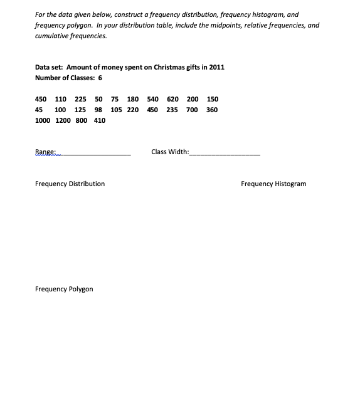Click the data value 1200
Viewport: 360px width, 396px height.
(64, 121)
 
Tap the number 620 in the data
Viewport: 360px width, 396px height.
(173, 99)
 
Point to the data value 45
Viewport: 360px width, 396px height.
(40, 110)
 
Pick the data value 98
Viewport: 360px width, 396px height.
(98, 110)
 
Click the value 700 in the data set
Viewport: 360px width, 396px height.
(192, 110)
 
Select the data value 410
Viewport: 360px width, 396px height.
(99, 121)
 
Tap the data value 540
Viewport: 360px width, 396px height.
(153, 99)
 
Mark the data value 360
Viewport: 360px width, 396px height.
(212, 110)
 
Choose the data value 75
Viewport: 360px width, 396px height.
(115, 99)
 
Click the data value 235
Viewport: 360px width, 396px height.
(172, 110)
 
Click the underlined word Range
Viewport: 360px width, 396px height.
(46, 152)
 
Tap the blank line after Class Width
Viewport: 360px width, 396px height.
(224, 154)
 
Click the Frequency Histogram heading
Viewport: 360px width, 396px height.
(273, 184)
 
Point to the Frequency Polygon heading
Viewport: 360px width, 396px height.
(64, 289)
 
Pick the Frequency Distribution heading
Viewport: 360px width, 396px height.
(70, 184)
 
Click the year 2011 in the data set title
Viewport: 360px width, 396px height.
(217, 67)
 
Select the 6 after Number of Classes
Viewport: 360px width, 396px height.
(100, 78)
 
